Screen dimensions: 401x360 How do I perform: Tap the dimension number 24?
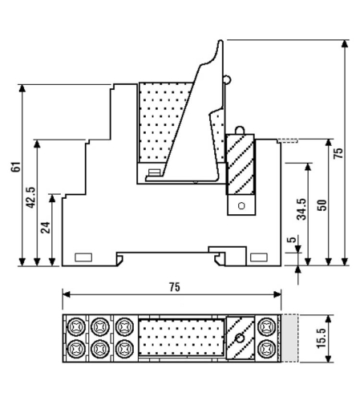[45, 228]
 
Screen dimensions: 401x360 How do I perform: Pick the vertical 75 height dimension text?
[338, 152]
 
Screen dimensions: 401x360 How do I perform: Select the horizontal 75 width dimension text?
[174, 287]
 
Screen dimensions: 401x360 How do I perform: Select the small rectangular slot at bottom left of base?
[83, 257]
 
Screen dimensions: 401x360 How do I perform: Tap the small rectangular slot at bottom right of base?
[258, 257]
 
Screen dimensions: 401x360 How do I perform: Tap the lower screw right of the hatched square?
[266, 348]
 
